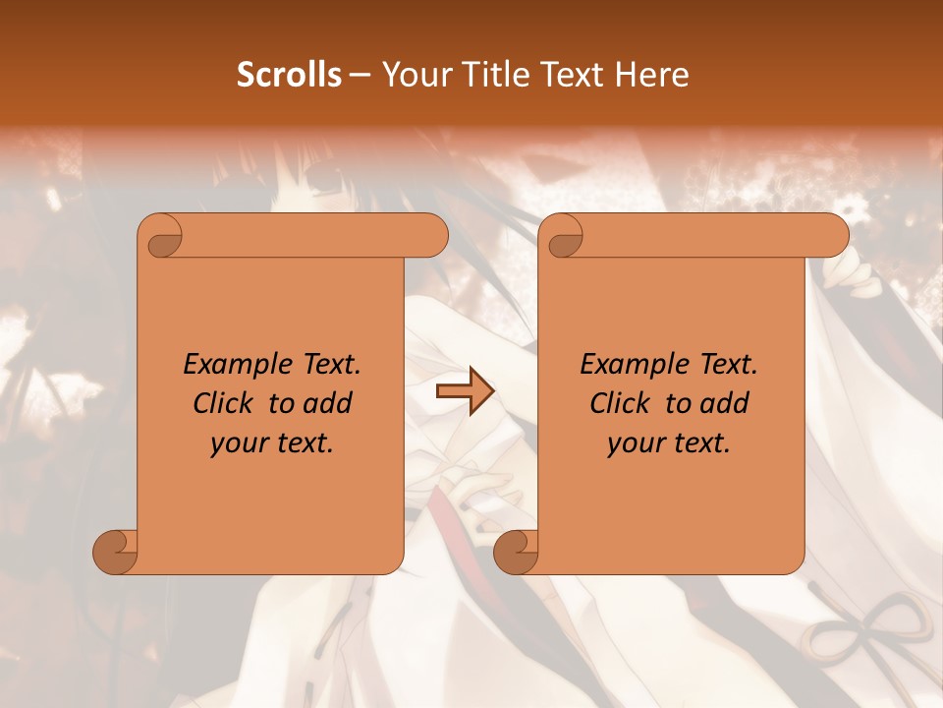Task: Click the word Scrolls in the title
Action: point(289,74)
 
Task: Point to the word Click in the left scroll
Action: point(225,403)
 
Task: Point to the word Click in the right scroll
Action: point(622,403)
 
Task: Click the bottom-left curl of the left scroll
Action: point(116,551)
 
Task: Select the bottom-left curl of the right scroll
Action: point(517,551)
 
